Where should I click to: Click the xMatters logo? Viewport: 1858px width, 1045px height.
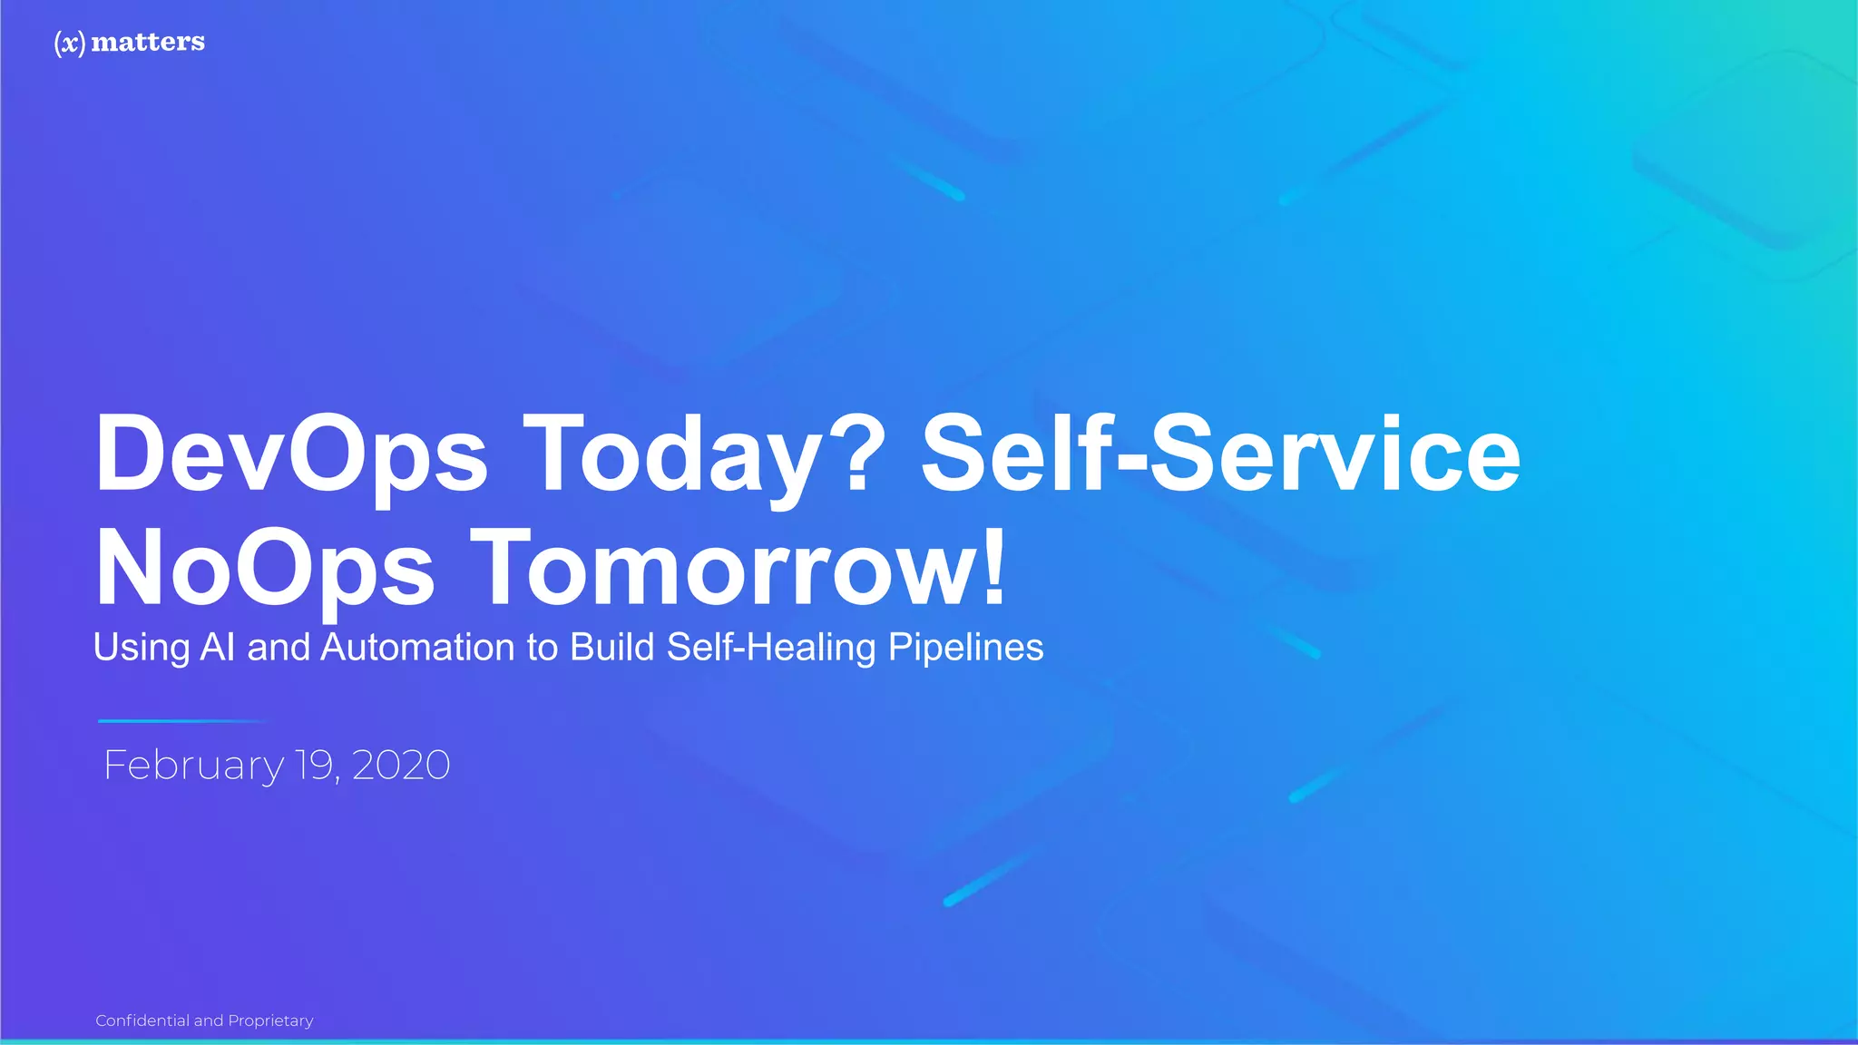pyautogui.click(x=130, y=42)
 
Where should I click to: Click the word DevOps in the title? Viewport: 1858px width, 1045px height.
pyautogui.click(x=291, y=454)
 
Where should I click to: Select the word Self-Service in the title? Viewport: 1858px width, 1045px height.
pyautogui.click(x=1220, y=454)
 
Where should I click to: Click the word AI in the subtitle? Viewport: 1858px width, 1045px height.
pyautogui.click(x=218, y=648)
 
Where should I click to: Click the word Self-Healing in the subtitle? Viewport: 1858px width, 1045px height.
pyautogui.click(x=771, y=648)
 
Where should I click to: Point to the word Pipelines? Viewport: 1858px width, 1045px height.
pyautogui.click(x=965, y=648)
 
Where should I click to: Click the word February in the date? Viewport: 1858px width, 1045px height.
pyautogui.click(x=193, y=766)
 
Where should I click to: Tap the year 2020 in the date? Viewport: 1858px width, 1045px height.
pyautogui.click(x=401, y=766)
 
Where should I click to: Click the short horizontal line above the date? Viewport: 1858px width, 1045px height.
pyautogui.click(x=181, y=721)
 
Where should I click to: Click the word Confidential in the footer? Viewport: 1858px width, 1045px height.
pyautogui.click(x=142, y=1021)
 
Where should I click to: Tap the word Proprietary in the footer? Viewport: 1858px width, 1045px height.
pyautogui.click(x=270, y=1021)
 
